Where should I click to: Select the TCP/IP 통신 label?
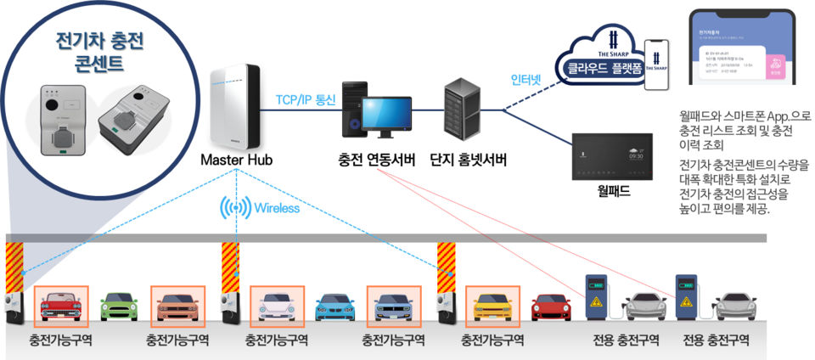[x=306, y=99]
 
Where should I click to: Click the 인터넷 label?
[x=527, y=81]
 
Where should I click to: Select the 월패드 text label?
[x=614, y=191]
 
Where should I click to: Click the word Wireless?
[x=277, y=208]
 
